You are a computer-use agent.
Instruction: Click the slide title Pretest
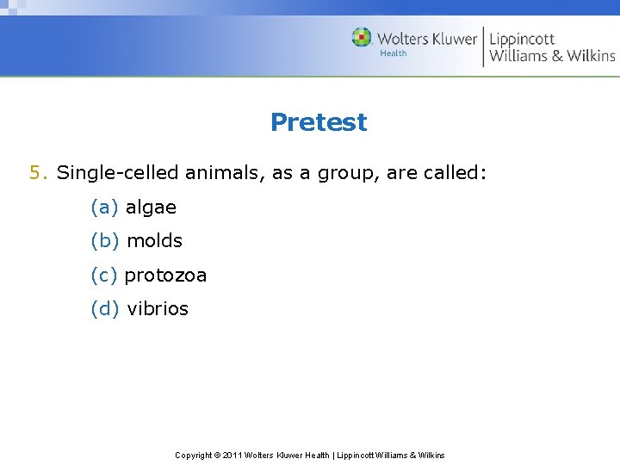(318, 122)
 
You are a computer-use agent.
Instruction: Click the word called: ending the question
(456, 173)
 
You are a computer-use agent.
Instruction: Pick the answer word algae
(151, 208)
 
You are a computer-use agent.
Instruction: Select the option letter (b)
(105, 241)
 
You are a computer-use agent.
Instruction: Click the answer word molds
(154, 241)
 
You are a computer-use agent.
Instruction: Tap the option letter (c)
(104, 276)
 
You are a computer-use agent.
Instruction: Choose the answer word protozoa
(165, 276)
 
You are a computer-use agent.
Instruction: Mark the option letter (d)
(105, 309)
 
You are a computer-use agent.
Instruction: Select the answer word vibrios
(158, 309)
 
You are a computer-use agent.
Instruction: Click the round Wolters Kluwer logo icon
(362, 37)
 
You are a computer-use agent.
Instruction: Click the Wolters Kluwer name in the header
(426, 38)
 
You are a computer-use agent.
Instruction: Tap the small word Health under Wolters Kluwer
(394, 53)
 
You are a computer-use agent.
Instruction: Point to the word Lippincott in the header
(522, 39)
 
